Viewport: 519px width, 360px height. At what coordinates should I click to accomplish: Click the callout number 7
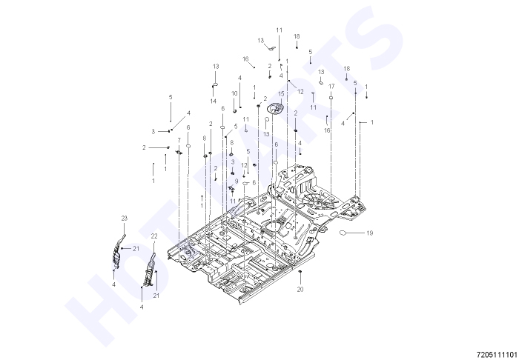click(x=179, y=140)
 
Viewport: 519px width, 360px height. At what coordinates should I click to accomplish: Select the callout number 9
click(x=237, y=181)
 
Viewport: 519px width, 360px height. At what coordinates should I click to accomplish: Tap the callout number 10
click(x=234, y=93)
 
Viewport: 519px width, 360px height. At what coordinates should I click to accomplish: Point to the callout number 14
click(x=214, y=101)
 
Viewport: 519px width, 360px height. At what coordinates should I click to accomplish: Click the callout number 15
click(x=281, y=94)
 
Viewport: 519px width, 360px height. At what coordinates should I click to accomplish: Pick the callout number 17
click(x=331, y=86)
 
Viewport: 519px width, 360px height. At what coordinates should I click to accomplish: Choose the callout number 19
click(x=370, y=233)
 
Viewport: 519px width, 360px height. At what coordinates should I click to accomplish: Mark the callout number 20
click(x=300, y=289)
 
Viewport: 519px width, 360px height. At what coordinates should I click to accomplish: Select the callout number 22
click(x=154, y=236)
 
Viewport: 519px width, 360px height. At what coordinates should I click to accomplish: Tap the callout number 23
click(x=124, y=219)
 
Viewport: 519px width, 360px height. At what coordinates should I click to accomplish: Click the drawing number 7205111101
click(x=497, y=355)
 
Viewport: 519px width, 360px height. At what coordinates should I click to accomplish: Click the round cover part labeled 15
click(x=276, y=108)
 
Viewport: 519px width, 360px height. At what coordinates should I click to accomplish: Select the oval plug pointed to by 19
click(x=343, y=233)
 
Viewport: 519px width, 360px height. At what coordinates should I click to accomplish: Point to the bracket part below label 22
click(x=149, y=270)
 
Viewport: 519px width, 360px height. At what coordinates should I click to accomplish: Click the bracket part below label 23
click(x=118, y=251)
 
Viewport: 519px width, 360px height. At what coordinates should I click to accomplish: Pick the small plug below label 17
click(x=331, y=98)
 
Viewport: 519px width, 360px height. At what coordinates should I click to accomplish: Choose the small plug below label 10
click(x=234, y=110)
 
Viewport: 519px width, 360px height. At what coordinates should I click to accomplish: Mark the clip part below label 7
click(x=179, y=152)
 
